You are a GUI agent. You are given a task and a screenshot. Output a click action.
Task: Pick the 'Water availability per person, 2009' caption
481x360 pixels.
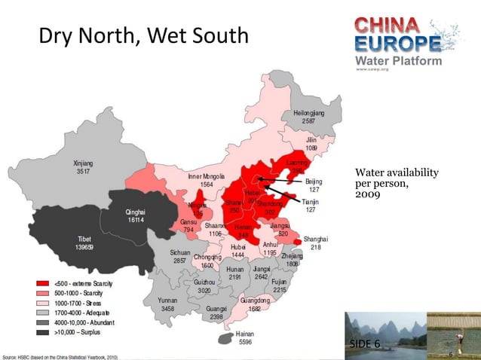pyautogui.click(x=392, y=184)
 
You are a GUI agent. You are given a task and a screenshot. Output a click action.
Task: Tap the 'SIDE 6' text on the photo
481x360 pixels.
pyautogui.click(x=365, y=344)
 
